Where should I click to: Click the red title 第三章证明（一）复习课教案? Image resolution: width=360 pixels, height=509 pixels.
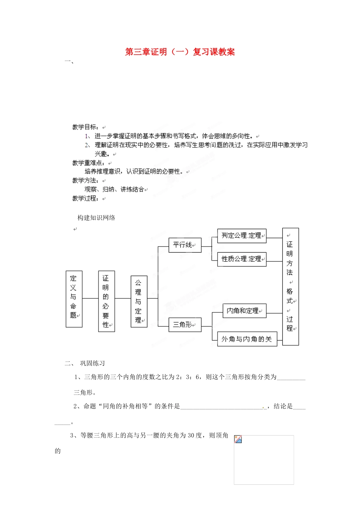click(180, 52)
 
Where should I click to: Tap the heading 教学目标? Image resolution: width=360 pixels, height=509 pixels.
click(85, 127)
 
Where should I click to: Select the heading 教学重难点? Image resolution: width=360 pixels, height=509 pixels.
click(88, 163)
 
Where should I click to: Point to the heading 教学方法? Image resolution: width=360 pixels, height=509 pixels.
click(85, 181)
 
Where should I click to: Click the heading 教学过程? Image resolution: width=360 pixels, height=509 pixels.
click(85, 198)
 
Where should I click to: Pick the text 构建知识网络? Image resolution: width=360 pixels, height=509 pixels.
click(96, 218)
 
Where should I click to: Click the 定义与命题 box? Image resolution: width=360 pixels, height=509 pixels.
click(74, 299)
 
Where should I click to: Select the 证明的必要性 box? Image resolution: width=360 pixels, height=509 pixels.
click(106, 301)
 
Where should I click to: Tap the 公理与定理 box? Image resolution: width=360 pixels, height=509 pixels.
click(139, 301)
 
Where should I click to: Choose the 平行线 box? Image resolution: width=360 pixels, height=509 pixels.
click(185, 245)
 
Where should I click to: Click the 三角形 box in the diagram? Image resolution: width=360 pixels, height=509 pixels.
click(185, 325)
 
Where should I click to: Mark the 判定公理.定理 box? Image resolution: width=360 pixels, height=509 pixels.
click(242, 236)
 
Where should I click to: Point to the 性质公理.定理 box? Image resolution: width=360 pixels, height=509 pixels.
click(242, 259)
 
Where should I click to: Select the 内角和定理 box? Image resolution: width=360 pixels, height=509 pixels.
click(244, 311)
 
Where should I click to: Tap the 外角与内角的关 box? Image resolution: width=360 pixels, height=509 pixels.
click(247, 339)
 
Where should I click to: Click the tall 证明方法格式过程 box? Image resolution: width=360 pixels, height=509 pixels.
click(290, 287)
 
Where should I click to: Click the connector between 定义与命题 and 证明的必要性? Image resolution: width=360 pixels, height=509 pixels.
click(90, 298)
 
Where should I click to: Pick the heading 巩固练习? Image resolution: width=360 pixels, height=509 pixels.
click(92, 364)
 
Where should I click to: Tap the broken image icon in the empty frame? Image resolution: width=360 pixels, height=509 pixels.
click(238, 439)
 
